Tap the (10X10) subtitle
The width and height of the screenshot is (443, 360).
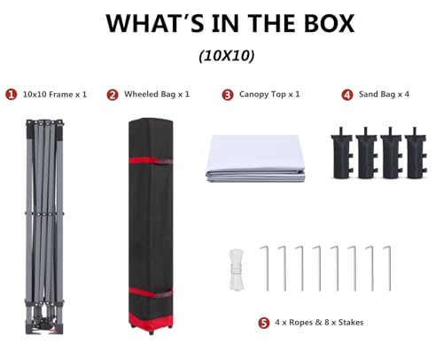[x=227, y=55]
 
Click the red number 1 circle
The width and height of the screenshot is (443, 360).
[x=12, y=95]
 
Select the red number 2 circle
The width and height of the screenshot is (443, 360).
[x=113, y=95]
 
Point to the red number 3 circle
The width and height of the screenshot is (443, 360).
[x=228, y=95]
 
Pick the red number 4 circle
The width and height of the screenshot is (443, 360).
[x=347, y=95]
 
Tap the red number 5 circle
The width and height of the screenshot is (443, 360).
[x=264, y=323]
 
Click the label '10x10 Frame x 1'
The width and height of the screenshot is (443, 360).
[x=55, y=95]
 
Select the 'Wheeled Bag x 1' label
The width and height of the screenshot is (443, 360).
[x=157, y=94]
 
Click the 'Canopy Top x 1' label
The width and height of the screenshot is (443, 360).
[x=269, y=94]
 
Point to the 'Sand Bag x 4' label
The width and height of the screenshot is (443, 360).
[x=384, y=94]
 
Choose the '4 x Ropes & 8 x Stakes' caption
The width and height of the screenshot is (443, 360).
[x=319, y=322]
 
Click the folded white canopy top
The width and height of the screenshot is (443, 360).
[x=255, y=158]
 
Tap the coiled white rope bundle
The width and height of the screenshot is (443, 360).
[x=237, y=270]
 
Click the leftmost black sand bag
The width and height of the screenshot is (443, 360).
[x=342, y=153]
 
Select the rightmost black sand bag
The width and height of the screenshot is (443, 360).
[x=416, y=153]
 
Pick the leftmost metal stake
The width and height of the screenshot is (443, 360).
[x=267, y=269]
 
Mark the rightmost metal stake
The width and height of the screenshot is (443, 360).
[x=389, y=269]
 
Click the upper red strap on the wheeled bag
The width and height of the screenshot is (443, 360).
[x=151, y=160]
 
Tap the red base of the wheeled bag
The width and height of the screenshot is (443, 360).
[x=151, y=320]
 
